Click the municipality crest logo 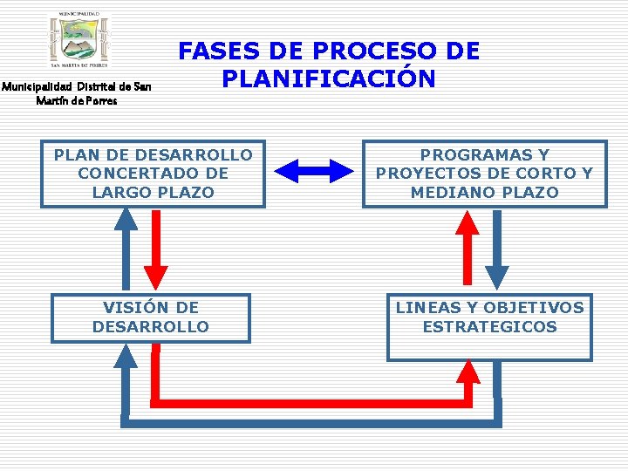(80, 40)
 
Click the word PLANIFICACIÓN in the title (328, 78)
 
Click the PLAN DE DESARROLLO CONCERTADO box (153, 174)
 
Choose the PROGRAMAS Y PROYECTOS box (484, 174)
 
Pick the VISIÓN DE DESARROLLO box (151, 317)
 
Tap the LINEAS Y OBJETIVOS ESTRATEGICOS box (489, 326)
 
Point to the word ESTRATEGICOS (489, 327)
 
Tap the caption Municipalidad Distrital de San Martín (76, 93)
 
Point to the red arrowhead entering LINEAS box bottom (470, 372)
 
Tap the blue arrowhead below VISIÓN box (126, 356)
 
